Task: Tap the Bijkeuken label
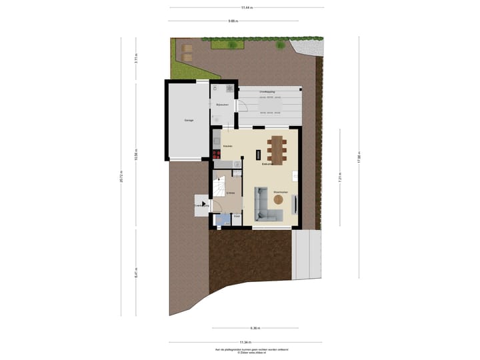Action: coord(222,105)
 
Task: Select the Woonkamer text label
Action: coord(280,193)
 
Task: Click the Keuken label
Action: coord(227,145)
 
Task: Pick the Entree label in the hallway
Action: coord(230,193)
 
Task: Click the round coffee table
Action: coord(278,199)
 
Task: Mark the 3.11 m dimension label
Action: coord(135,57)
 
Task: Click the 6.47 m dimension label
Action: coord(135,273)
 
